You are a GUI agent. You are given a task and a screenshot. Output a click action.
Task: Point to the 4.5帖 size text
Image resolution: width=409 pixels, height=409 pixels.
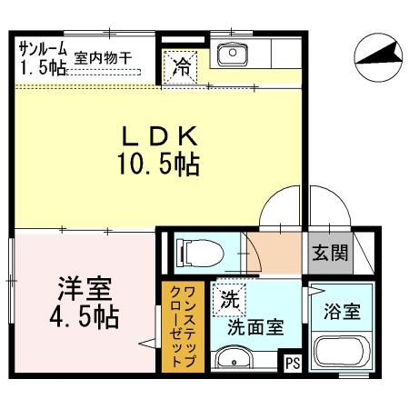(85, 320)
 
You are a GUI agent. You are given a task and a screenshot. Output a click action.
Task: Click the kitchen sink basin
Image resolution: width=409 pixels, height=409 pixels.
(234, 54)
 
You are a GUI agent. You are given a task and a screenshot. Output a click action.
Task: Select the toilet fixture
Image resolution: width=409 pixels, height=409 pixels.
(191, 251)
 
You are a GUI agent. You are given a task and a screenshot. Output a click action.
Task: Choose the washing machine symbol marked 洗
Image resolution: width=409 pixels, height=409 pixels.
(229, 296)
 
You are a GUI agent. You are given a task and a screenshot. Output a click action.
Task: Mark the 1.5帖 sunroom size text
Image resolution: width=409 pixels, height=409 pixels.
(37, 68)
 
